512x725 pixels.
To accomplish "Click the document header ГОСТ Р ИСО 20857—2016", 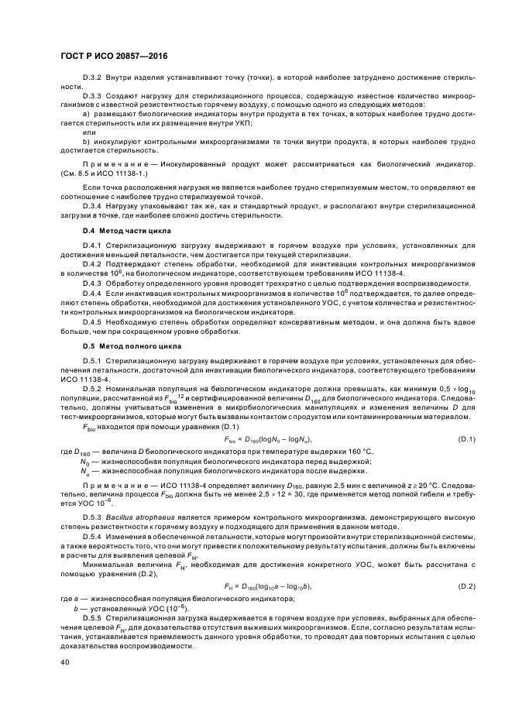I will [115, 56].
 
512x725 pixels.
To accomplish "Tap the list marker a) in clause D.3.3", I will [86, 114].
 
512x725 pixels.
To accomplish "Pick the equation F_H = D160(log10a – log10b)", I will [266, 586].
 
